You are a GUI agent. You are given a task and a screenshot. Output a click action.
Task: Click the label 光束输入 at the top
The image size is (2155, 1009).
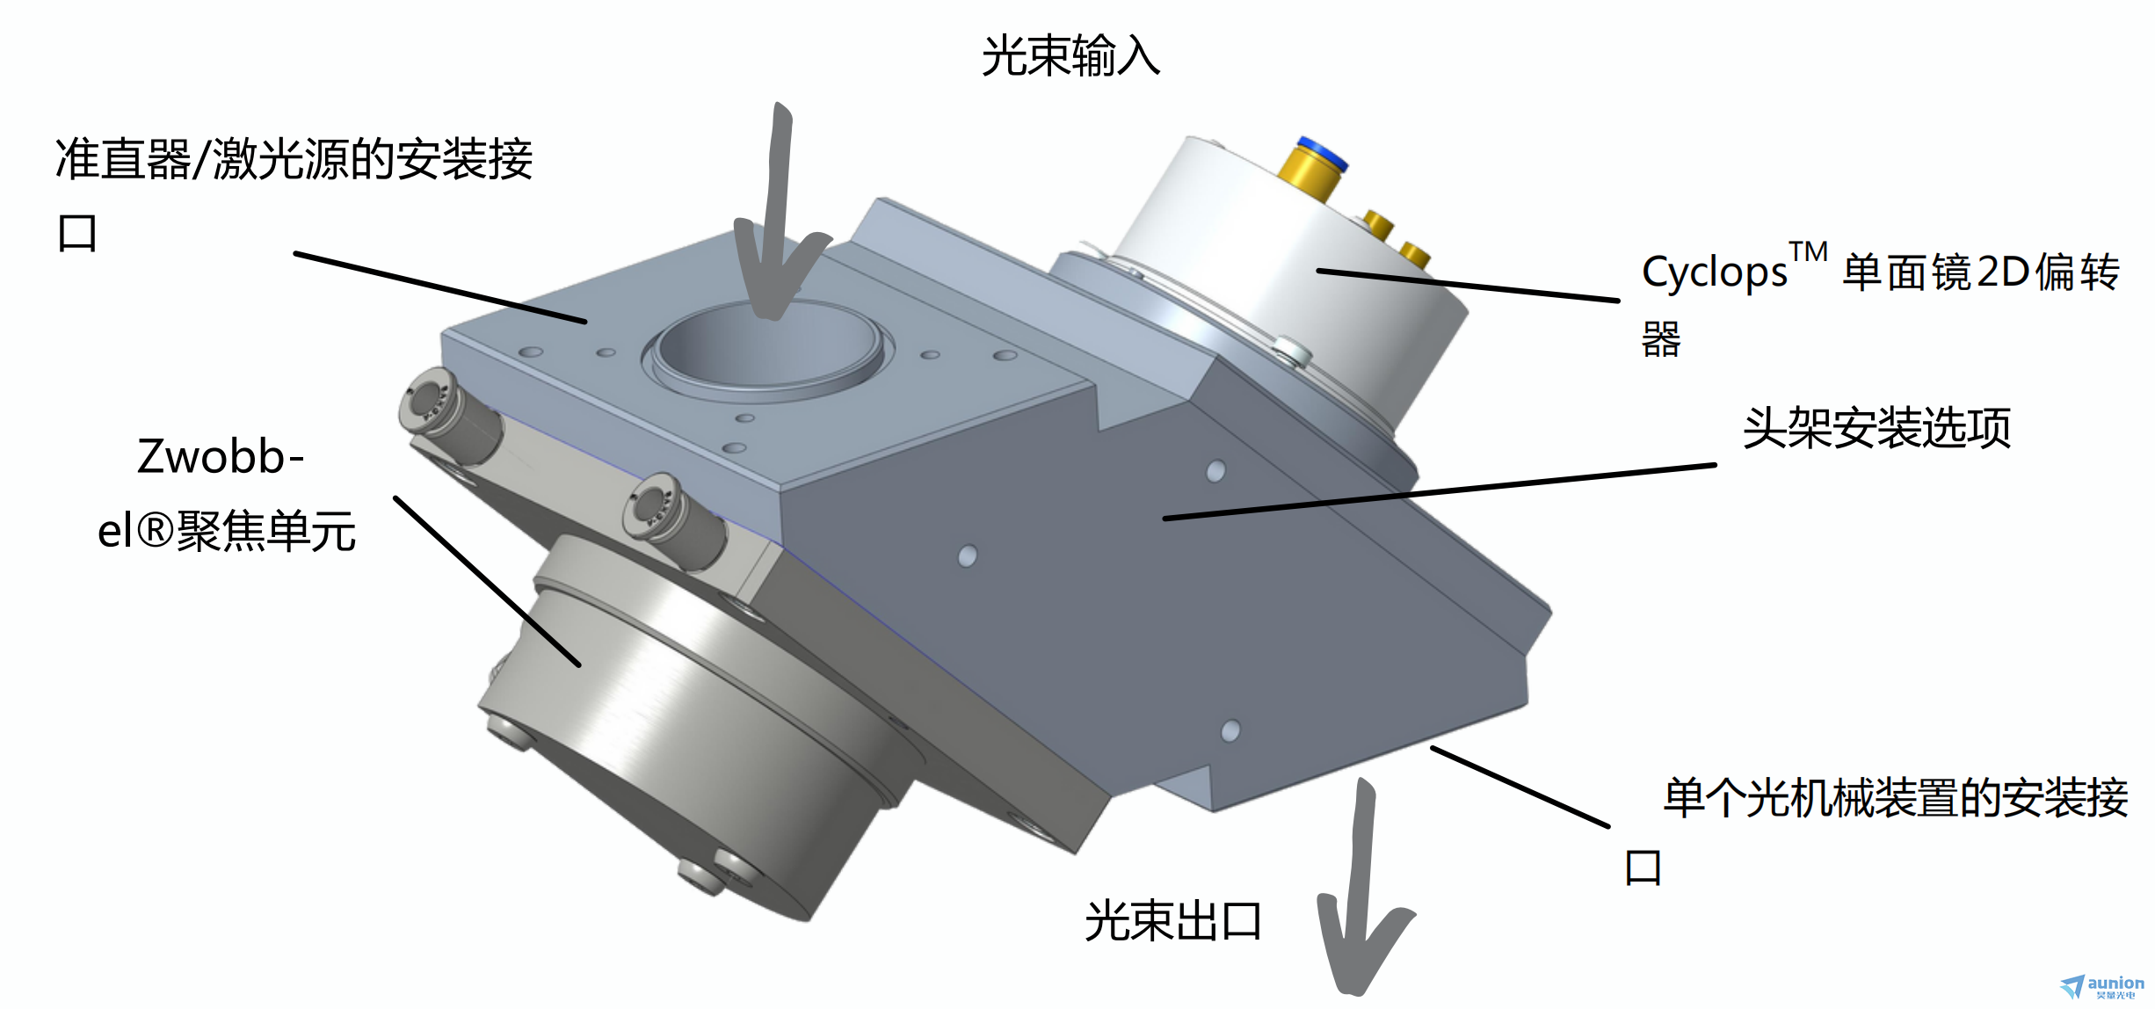coord(1070,56)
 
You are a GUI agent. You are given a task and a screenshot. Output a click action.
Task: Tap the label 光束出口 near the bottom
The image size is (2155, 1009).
coord(1173,921)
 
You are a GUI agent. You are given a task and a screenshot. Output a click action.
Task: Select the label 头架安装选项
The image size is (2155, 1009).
coord(1877,428)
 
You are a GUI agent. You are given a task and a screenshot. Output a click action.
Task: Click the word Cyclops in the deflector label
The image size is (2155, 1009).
coord(1714,272)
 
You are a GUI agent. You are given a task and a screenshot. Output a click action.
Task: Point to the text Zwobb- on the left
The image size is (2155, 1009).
coord(220,457)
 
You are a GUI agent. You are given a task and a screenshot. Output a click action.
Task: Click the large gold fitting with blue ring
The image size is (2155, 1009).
coord(1311,171)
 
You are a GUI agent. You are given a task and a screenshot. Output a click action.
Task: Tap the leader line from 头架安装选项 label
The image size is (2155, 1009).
coord(1440,491)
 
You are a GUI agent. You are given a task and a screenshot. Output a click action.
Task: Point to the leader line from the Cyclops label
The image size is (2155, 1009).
coord(1468,285)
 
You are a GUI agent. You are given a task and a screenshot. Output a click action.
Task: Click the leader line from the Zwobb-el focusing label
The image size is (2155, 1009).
coord(487,581)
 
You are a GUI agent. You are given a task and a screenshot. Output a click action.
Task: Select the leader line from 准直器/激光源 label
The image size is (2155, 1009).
coord(440,287)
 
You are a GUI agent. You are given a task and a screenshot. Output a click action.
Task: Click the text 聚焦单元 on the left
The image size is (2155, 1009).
coord(266,532)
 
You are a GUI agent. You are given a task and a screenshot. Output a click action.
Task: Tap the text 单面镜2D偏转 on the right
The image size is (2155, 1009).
coord(1981,272)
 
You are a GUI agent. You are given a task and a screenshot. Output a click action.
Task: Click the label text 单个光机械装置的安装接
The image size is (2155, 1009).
coord(1896,798)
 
